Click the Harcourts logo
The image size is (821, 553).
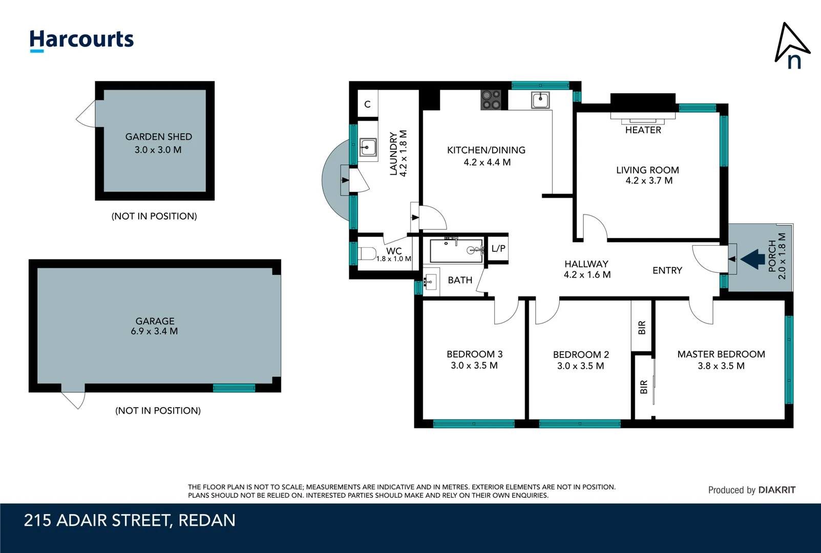[81, 40]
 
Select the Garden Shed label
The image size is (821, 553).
[158, 137]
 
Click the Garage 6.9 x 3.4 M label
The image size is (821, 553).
[155, 326]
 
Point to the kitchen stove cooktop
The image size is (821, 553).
[491, 100]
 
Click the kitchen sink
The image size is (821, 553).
[540, 100]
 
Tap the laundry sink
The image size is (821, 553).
[367, 148]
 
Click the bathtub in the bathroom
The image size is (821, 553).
[456, 250]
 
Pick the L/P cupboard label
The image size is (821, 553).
[498, 249]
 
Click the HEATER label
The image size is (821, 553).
[643, 130]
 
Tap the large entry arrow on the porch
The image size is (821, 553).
[753, 259]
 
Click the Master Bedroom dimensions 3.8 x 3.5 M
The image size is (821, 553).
[721, 366]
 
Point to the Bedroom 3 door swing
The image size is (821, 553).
[506, 313]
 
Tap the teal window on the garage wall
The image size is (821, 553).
[234, 388]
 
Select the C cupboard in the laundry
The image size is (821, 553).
[367, 104]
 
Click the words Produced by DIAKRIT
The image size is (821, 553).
[751, 490]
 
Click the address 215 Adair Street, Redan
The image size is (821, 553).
[130, 520]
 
